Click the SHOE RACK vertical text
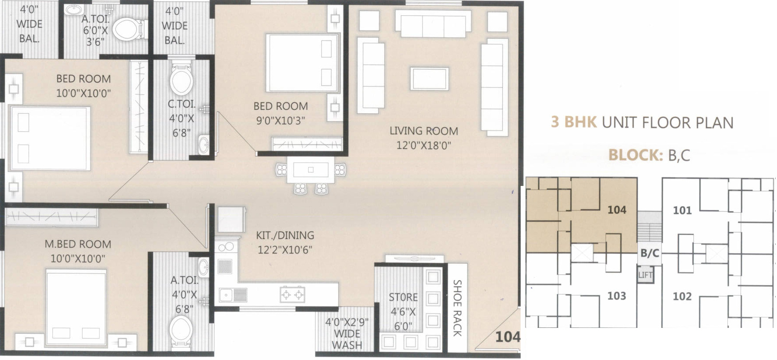[x=457, y=308]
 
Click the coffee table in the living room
[x=430, y=79]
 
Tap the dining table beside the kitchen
[x=310, y=170]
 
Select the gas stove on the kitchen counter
[x=292, y=294]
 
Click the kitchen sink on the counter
[x=233, y=295]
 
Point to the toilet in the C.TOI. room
[x=181, y=80]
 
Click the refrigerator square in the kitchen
[x=231, y=219]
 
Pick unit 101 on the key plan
[x=682, y=211]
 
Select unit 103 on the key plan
[x=616, y=296]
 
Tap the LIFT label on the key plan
[x=646, y=275]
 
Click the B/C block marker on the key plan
[x=649, y=253]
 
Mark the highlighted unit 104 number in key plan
[x=616, y=210]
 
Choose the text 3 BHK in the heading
[x=574, y=122]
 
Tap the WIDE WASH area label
[x=347, y=339]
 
